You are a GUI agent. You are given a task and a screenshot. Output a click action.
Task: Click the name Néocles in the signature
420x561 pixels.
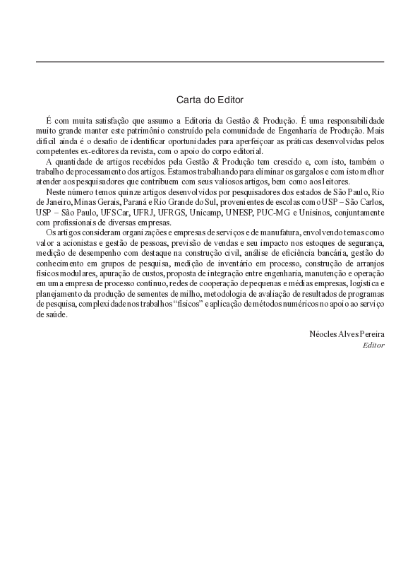tap(323, 333)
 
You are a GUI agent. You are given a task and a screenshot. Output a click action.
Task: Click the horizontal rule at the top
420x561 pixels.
tap(210, 62)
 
